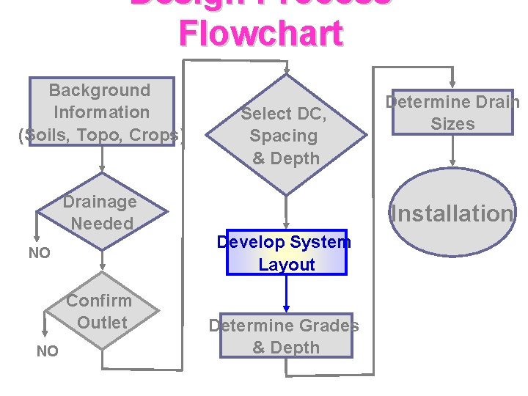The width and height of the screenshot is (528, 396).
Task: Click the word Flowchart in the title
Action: pyautogui.click(x=260, y=33)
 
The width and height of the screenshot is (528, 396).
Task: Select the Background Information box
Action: pyautogui.click(x=101, y=111)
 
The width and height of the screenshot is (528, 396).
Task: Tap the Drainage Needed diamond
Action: pyautogui.click(x=100, y=212)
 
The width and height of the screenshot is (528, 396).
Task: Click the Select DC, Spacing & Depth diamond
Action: pyautogui.click(x=285, y=135)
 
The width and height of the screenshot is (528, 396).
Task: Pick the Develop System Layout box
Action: pyautogui.click(x=286, y=252)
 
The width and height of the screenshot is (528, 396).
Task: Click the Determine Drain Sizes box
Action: pyautogui.click(x=452, y=112)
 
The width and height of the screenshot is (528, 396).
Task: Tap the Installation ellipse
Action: pyautogui.click(x=452, y=213)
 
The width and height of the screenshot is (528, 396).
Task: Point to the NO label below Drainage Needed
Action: pyautogui.click(x=39, y=253)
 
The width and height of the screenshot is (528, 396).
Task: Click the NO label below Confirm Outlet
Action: pyautogui.click(x=47, y=351)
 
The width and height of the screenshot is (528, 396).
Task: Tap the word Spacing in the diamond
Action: pyautogui.click(x=283, y=136)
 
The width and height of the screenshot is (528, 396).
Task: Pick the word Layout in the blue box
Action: pyautogui.click(x=287, y=264)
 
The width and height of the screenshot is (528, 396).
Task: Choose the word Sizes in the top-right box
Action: pyautogui.click(x=452, y=124)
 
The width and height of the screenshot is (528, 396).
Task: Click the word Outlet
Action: pyautogui.click(x=102, y=322)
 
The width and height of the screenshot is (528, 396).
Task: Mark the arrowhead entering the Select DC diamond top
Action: pyautogui.click(x=287, y=71)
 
